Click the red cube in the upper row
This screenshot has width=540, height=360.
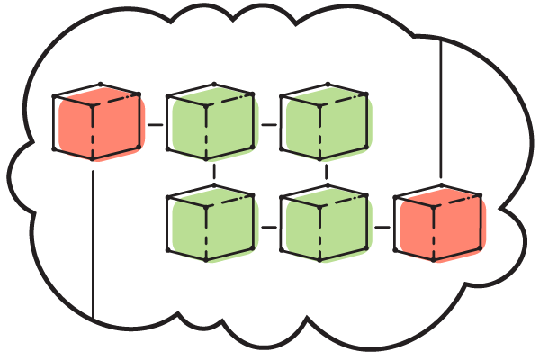(97, 126)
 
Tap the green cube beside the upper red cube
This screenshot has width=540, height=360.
(211, 126)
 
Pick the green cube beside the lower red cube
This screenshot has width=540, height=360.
(324, 227)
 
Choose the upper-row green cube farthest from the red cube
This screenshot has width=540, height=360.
(324, 126)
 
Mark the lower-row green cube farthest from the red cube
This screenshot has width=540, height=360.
(211, 227)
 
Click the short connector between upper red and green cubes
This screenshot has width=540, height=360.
(154, 124)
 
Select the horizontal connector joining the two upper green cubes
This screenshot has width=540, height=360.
(267, 124)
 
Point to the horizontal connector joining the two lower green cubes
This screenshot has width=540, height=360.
(267, 226)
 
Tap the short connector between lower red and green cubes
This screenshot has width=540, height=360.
(382, 226)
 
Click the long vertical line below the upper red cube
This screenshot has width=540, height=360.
(93, 243)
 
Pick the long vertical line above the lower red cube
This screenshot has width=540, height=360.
(440, 108)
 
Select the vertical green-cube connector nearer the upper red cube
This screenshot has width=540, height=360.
(213, 171)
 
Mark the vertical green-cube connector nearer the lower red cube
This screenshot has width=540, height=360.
(326, 171)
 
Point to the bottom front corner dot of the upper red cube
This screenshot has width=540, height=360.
(92, 159)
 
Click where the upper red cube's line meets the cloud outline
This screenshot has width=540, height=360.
(93, 319)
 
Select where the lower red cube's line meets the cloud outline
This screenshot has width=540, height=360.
(440, 39)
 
